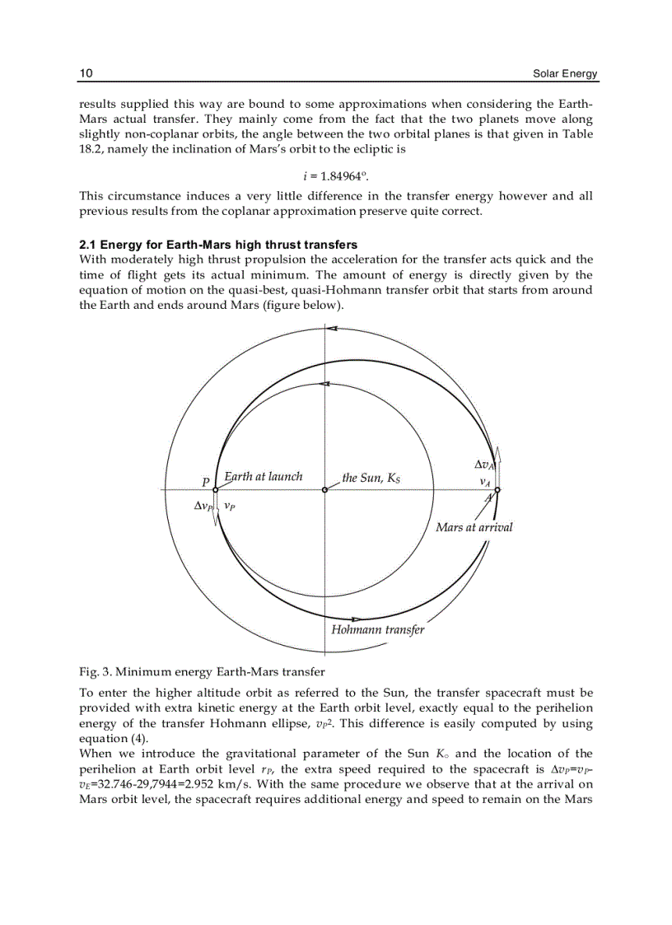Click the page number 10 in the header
tap(86, 74)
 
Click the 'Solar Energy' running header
tap(565, 74)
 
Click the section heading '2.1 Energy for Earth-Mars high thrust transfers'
tap(218, 245)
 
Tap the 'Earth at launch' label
tap(264, 477)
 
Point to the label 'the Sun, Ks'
tap(371, 478)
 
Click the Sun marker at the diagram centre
tap(325, 490)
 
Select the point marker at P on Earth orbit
tap(215, 490)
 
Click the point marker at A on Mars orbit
tap(497, 490)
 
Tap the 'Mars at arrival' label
tap(474, 527)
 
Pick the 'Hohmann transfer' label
tap(378, 630)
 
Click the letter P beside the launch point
tap(205, 482)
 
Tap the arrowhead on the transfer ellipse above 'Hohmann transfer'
tap(357, 619)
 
